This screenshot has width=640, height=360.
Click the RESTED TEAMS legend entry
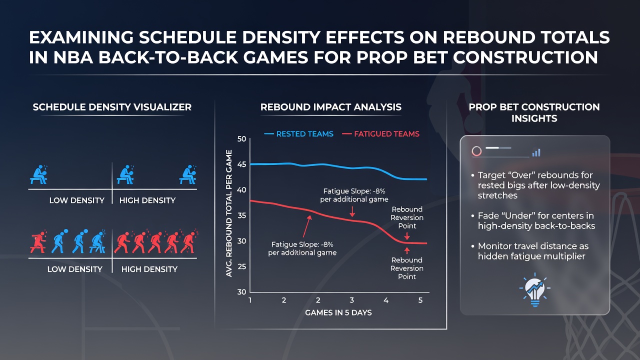pos(298,134)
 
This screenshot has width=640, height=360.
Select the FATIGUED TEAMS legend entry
pos(380,134)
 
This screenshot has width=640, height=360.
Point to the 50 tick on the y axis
pos(241,139)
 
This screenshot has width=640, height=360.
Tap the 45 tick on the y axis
pos(241,164)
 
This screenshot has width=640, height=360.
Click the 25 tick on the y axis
pos(241,266)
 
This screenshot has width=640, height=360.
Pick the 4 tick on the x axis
pos(386,300)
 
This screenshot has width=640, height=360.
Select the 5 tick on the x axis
pos(420,300)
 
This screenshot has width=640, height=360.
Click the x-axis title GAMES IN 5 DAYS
pos(338,312)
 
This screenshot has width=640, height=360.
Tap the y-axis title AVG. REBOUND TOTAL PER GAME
pos(229,213)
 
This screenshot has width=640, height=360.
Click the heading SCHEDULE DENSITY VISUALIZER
pos(112,107)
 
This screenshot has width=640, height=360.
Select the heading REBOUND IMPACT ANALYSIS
pos(331,107)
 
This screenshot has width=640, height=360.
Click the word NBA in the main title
pos(73,57)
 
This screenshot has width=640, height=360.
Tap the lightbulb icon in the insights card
pos(535,289)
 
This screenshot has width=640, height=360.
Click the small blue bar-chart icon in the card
pos(536,152)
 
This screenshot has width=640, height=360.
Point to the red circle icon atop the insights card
pos(476,151)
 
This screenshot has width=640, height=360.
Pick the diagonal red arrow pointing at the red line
pos(307,226)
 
